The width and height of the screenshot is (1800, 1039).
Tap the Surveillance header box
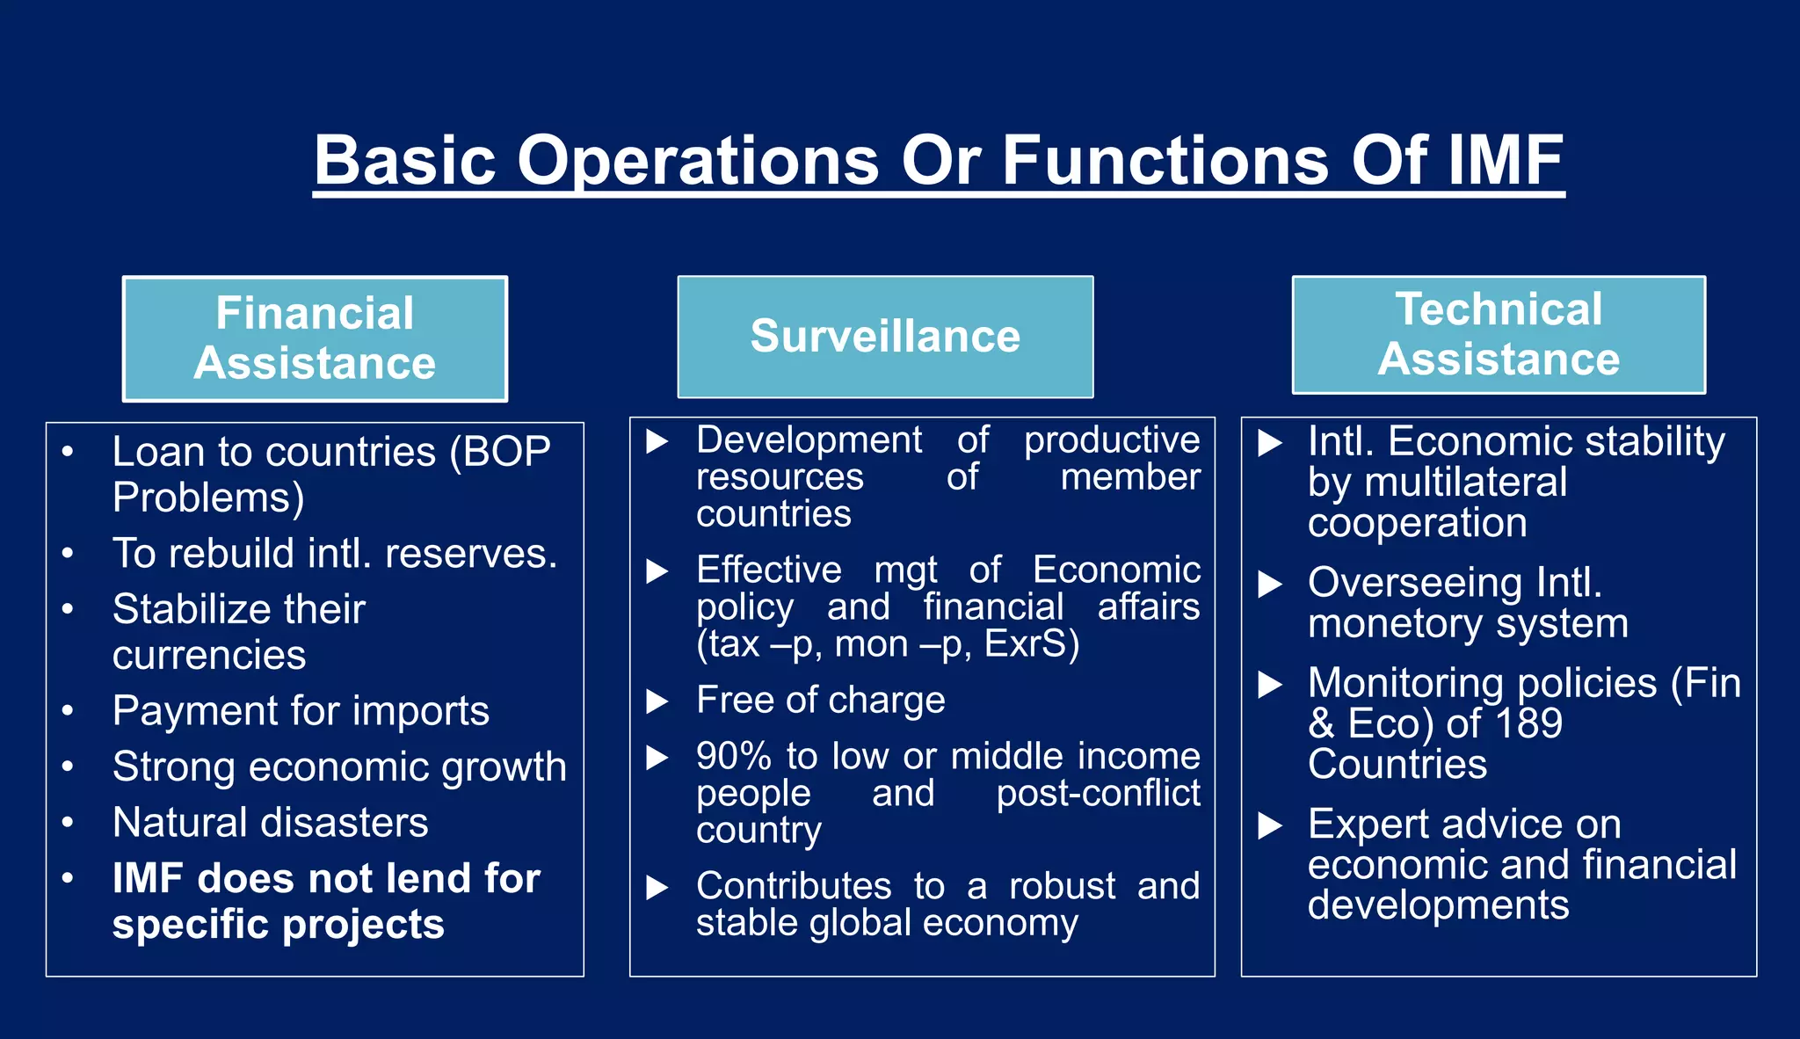click(x=885, y=337)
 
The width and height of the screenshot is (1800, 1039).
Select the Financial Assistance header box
click(x=315, y=338)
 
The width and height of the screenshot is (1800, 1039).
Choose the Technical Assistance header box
click(x=1499, y=334)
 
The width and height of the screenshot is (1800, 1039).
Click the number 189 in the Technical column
click(x=1528, y=723)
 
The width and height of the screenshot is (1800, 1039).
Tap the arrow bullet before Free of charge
click(x=657, y=701)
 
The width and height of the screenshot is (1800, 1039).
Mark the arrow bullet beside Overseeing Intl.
click(x=1270, y=584)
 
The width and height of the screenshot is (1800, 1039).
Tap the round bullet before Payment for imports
click(x=68, y=710)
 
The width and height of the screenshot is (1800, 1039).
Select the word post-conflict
click(x=1098, y=794)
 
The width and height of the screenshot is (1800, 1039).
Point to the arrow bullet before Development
click(x=657, y=441)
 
